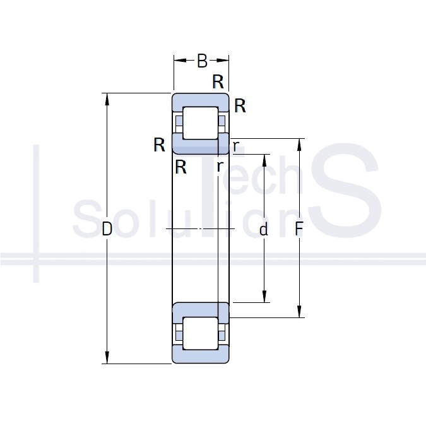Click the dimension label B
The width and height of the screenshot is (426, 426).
click(x=202, y=61)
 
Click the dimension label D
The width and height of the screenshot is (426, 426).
click(x=107, y=228)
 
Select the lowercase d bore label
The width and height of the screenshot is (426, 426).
click(x=264, y=229)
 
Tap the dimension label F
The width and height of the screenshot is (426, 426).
click(x=299, y=228)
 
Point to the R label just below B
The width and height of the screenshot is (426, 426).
click(x=218, y=81)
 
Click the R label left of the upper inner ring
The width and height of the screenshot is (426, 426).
click(x=159, y=145)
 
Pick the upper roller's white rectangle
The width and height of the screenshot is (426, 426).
click(x=201, y=123)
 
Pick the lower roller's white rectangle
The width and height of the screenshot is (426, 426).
click(x=201, y=333)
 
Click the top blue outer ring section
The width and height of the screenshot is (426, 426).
click(x=201, y=102)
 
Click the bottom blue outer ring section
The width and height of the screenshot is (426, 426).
click(x=201, y=354)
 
